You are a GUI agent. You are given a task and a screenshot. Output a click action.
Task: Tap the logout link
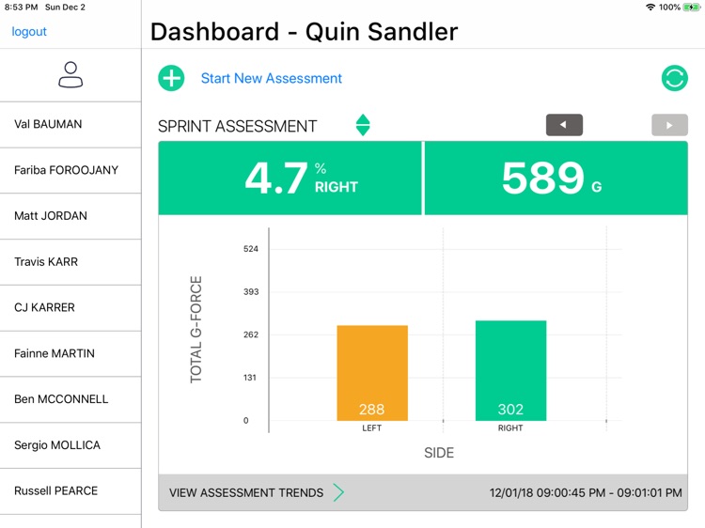click(29, 32)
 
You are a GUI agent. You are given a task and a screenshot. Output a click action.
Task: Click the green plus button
click(171, 78)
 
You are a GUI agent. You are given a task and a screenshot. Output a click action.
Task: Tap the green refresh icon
click(674, 78)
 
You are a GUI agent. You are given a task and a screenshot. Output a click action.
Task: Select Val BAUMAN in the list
click(48, 124)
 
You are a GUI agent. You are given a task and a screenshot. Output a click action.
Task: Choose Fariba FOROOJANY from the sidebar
click(66, 170)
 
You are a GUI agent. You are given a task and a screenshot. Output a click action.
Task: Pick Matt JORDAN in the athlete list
click(51, 216)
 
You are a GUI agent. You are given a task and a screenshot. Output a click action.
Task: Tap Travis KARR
click(46, 262)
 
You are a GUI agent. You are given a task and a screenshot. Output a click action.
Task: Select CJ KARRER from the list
click(44, 307)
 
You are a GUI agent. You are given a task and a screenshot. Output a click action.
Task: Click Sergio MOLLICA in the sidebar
click(57, 445)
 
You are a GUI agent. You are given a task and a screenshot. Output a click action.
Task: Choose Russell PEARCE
click(55, 490)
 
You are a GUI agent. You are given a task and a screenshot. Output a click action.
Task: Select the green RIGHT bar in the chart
click(510, 370)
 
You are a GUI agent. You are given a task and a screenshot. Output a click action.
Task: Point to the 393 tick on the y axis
click(250, 292)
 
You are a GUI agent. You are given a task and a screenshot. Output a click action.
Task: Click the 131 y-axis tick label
click(250, 378)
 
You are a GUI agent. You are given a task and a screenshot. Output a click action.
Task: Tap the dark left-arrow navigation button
click(564, 125)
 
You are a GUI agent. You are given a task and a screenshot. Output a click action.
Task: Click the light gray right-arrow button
click(669, 125)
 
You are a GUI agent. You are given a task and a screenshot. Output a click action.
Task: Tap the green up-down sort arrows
click(363, 125)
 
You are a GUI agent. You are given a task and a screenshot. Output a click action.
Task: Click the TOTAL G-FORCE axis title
click(196, 329)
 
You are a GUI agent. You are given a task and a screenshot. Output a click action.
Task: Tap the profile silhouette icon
click(70, 75)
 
